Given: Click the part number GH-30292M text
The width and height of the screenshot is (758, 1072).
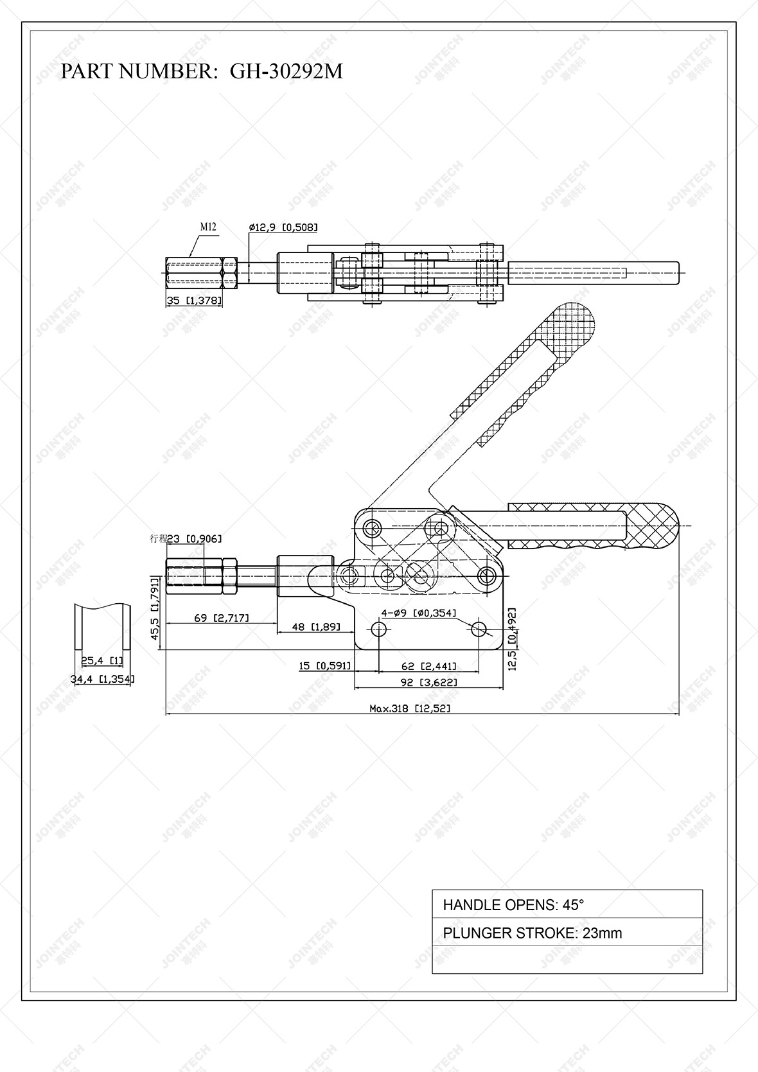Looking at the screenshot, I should click(x=286, y=71).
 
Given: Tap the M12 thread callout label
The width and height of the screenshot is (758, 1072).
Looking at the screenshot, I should click(x=208, y=227).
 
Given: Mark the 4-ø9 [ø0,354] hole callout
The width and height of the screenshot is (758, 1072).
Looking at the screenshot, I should click(x=419, y=613).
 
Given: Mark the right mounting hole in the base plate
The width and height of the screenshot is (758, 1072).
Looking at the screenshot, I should click(x=479, y=629).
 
